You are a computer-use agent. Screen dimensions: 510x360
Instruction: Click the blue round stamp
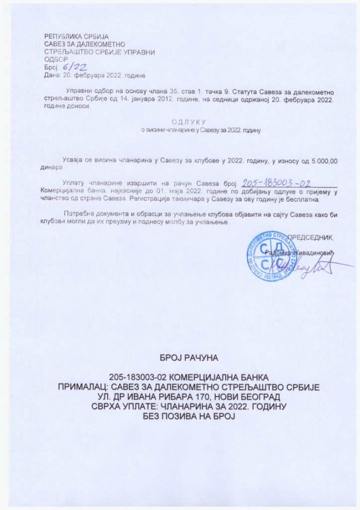point(269,256)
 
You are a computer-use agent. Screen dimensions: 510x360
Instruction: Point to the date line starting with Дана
point(95,75)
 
